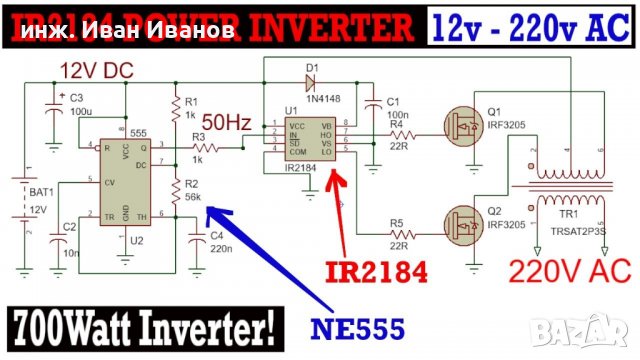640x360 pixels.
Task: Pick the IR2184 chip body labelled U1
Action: (x=308, y=140)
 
